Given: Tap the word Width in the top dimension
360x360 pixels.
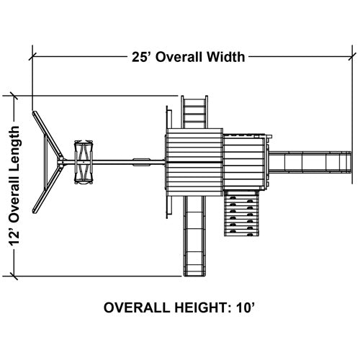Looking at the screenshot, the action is [x=226, y=57].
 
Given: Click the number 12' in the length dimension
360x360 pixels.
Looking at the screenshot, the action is [x=14, y=235].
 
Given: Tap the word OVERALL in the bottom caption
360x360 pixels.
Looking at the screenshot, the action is [x=137, y=307].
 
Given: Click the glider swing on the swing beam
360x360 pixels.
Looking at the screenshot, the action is [x=84, y=162].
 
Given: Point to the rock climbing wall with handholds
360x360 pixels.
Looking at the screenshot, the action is [x=242, y=213].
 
